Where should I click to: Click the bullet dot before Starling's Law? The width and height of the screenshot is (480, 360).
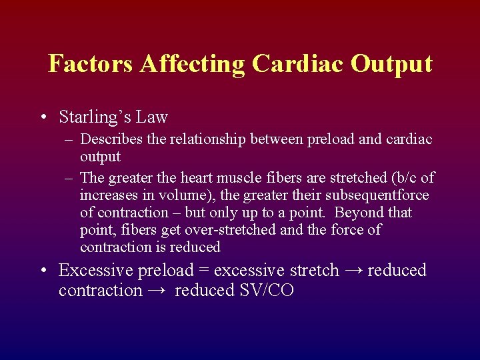(x=43, y=118)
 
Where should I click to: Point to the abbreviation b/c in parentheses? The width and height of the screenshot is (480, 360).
(x=407, y=178)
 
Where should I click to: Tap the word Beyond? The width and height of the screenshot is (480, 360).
(x=359, y=213)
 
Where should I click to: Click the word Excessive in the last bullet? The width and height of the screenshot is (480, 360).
(x=95, y=271)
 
